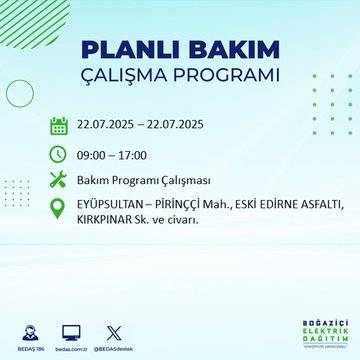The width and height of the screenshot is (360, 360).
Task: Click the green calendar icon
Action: (x=59, y=126)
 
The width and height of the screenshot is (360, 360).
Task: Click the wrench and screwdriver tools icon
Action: (x=59, y=180)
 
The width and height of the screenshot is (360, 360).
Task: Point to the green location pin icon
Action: (x=59, y=208)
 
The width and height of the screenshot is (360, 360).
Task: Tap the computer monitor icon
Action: (x=71, y=330)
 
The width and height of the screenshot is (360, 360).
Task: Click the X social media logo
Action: (x=112, y=330)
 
